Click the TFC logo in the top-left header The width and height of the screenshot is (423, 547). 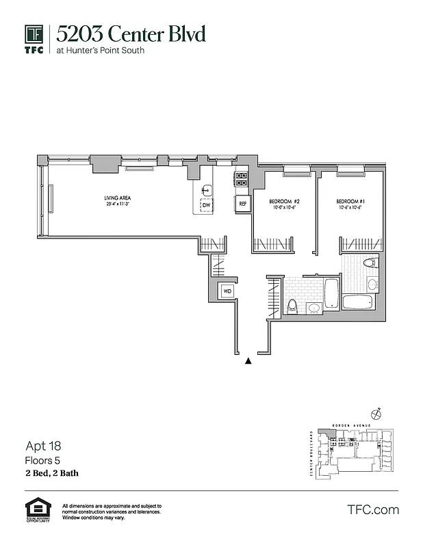pos(34,38)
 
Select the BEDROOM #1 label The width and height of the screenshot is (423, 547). pos(350,201)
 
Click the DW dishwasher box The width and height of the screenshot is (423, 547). pos(205,204)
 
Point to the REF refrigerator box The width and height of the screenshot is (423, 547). pos(242,204)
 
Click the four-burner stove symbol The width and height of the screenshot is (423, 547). pos(242,178)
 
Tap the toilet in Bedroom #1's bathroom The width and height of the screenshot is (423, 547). pos(370,263)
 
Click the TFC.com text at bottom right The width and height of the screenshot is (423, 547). pos(373,509)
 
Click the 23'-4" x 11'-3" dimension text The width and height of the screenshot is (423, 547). pos(118,204)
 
